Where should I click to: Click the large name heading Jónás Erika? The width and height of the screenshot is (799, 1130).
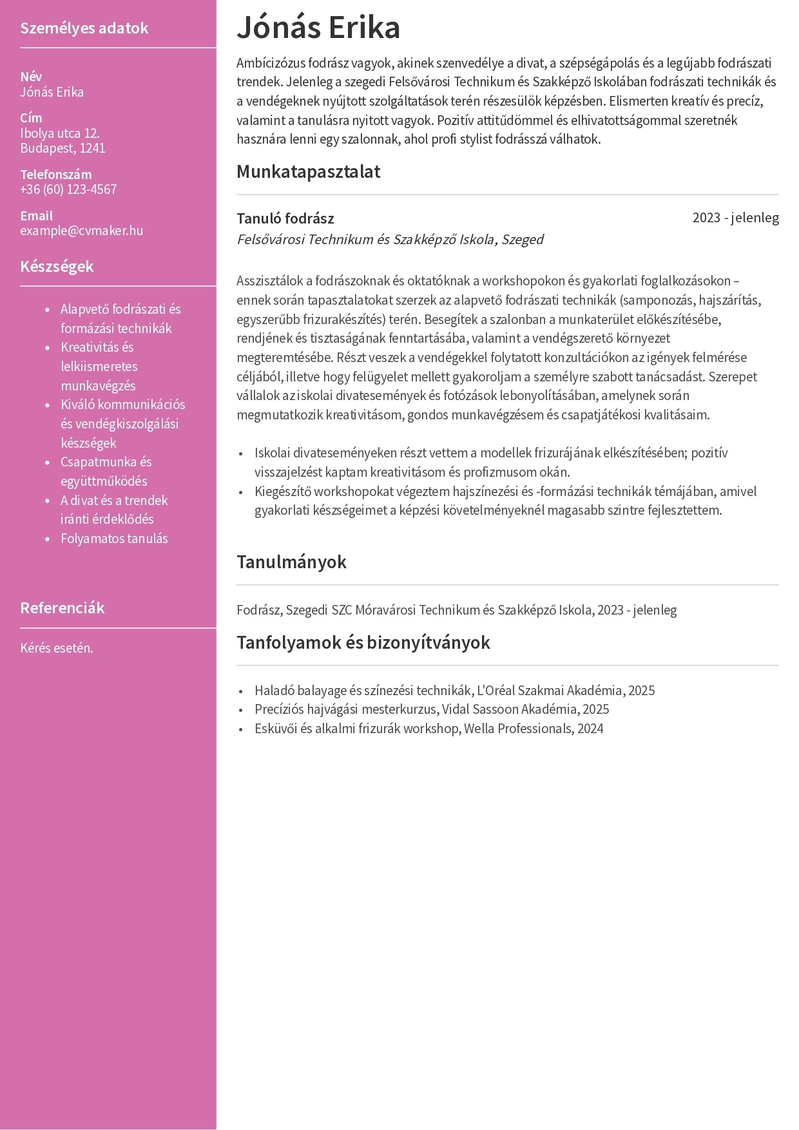click(x=318, y=28)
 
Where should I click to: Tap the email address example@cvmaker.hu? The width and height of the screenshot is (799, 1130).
click(x=81, y=231)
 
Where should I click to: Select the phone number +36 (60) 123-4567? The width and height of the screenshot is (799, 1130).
click(x=68, y=189)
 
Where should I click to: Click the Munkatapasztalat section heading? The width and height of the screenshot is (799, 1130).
click(x=308, y=171)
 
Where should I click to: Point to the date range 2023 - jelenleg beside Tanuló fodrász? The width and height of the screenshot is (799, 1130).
click(x=735, y=218)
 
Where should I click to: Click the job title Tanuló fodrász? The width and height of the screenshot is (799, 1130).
click(x=285, y=218)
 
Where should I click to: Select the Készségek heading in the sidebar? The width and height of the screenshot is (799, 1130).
click(x=57, y=266)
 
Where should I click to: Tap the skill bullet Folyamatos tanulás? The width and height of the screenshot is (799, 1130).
click(x=114, y=539)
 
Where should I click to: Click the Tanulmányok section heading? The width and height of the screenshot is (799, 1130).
click(x=291, y=562)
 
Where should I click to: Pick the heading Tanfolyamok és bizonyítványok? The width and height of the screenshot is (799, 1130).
click(x=363, y=642)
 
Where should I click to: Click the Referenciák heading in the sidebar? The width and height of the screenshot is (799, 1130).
click(x=62, y=608)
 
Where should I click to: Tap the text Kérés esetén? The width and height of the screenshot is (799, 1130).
click(x=57, y=648)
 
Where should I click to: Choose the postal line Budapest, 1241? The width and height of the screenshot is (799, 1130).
click(x=63, y=148)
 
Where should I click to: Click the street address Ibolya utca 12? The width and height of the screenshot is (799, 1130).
click(x=60, y=133)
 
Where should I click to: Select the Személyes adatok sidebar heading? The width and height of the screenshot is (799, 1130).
click(x=84, y=28)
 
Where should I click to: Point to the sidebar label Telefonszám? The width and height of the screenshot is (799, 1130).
click(x=55, y=175)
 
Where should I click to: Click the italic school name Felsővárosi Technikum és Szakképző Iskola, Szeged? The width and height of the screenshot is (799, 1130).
click(x=390, y=240)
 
